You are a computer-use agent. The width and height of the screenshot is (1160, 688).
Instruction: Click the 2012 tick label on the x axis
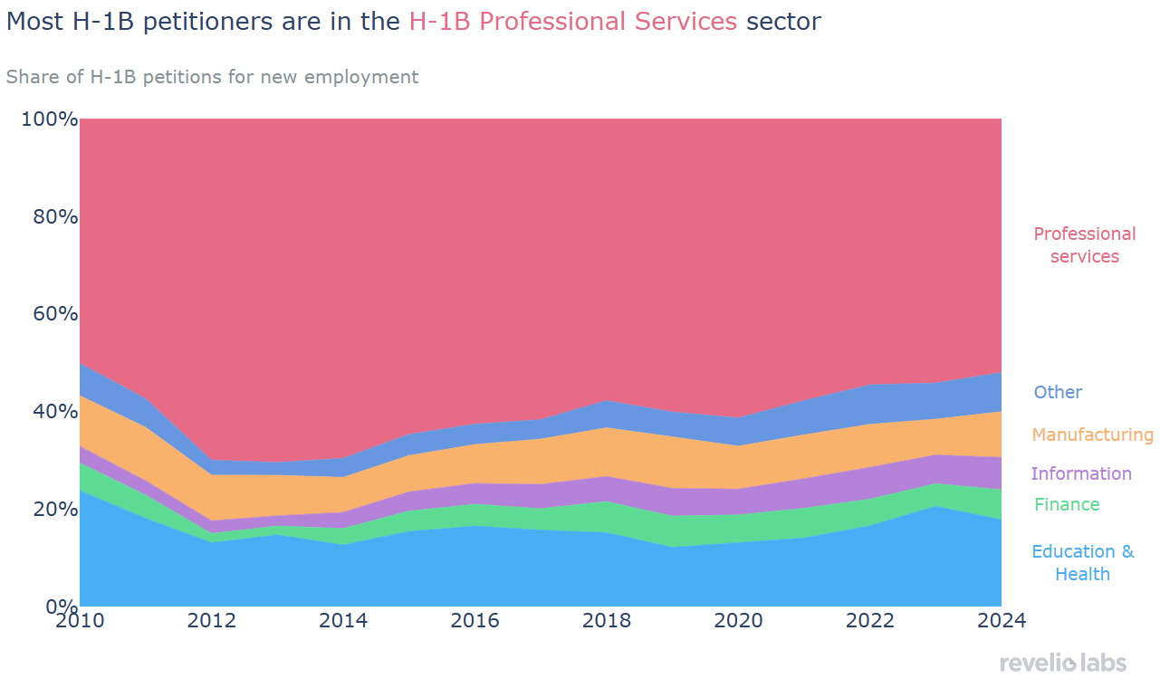212,621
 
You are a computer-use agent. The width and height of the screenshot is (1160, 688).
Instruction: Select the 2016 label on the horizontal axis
475,621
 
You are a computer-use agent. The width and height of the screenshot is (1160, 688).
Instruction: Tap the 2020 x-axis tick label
739,621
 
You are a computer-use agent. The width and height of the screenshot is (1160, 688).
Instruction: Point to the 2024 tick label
1001,621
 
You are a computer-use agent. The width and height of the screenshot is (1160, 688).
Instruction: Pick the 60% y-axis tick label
50,314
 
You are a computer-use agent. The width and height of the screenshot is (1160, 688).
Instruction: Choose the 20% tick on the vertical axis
50,509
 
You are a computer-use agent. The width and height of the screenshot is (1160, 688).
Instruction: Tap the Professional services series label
1084,245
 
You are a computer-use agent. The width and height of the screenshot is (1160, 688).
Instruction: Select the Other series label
1058,392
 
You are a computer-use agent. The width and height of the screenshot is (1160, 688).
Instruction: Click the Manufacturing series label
1092,435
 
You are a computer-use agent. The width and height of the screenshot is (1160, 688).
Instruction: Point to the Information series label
1081,473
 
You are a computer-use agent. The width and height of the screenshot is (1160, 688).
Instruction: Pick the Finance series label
1067,504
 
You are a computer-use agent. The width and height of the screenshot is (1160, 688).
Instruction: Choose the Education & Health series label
1082,562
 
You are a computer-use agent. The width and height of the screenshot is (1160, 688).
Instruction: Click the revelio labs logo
1063,664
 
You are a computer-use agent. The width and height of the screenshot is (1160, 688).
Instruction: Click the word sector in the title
783,22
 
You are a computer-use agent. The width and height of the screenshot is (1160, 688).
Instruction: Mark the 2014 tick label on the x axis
344,621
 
